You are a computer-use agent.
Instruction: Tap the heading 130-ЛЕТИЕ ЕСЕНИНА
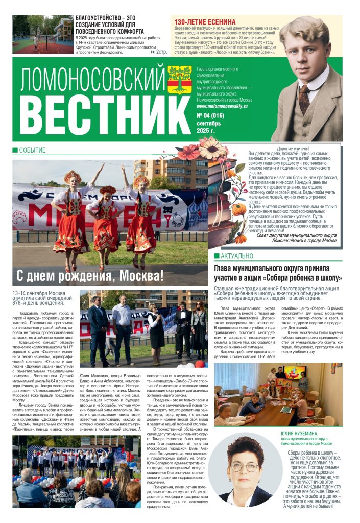click(205, 22)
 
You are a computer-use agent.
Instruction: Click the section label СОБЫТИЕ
click(32, 150)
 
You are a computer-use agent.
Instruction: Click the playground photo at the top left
click(43, 34)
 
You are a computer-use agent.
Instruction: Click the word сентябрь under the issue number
click(209, 124)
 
